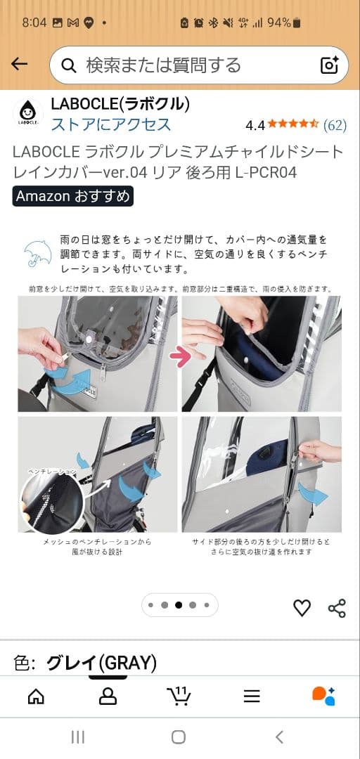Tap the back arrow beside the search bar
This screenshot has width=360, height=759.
(x=20, y=65)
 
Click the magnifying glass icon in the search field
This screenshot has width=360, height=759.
(x=69, y=65)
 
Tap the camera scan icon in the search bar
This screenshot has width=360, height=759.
(x=330, y=65)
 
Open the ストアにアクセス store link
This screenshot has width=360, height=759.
(x=110, y=124)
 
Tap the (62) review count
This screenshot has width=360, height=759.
(x=335, y=125)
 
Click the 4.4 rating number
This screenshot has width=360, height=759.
(x=255, y=125)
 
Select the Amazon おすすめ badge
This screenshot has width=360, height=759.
(x=72, y=196)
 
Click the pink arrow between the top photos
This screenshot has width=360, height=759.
(x=180, y=358)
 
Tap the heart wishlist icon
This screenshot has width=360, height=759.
(x=302, y=608)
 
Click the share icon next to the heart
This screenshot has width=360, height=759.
(x=337, y=608)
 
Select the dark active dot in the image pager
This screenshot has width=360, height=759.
(x=179, y=604)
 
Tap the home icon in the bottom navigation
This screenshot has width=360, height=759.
(x=35, y=696)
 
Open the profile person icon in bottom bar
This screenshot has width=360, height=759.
(x=108, y=696)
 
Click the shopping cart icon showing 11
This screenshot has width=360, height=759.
(x=179, y=696)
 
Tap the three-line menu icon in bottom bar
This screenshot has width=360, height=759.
(x=252, y=696)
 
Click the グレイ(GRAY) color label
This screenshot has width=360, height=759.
(x=101, y=663)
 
